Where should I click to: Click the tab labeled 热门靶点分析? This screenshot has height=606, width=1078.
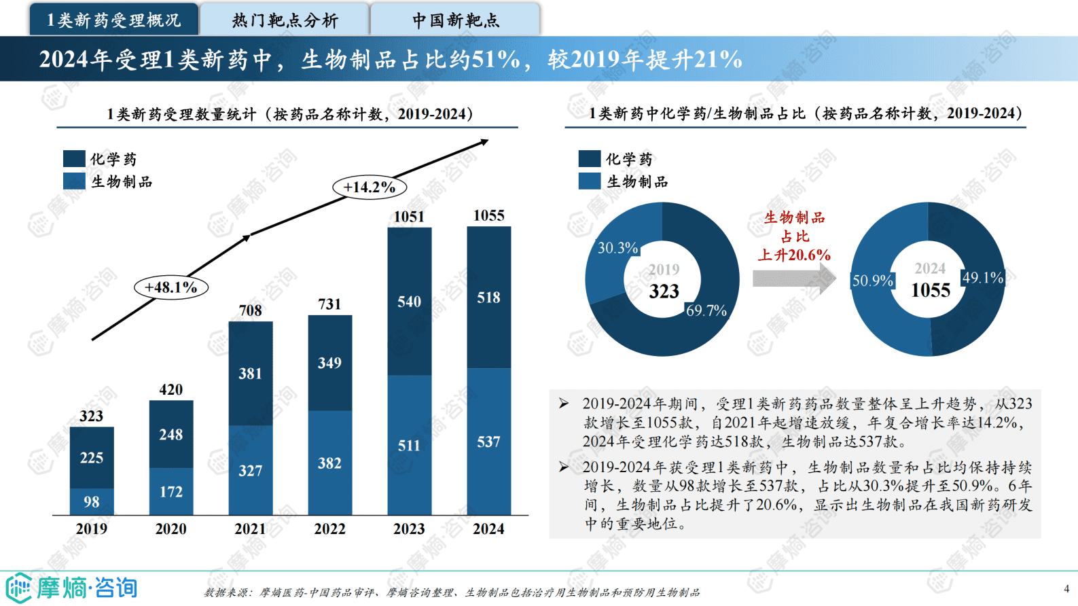pyautogui.click(x=285, y=20)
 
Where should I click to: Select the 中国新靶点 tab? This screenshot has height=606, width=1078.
pyautogui.click(x=455, y=20)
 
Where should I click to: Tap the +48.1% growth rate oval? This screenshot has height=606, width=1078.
pyautogui.click(x=170, y=287)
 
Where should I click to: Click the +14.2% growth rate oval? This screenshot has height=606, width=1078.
pyautogui.click(x=369, y=187)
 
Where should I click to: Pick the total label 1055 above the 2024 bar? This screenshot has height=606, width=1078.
pyautogui.click(x=488, y=215)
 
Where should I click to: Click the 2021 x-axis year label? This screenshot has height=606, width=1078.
pyautogui.click(x=250, y=529)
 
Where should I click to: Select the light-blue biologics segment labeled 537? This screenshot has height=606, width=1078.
pyautogui.click(x=488, y=442)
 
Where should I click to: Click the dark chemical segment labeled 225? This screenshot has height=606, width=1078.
pyautogui.click(x=92, y=458)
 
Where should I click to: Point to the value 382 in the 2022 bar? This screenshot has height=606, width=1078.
pyautogui.click(x=329, y=463)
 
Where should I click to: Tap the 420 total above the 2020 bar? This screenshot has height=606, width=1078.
pyautogui.click(x=170, y=389)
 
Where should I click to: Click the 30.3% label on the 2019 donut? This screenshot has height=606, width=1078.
pyautogui.click(x=617, y=248)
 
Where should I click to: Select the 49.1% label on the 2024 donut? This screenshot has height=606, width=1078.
pyautogui.click(x=982, y=277)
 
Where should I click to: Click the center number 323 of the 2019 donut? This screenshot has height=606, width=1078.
pyautogui.click(x=664, y=291)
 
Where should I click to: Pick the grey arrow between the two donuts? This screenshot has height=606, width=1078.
pyautogui.click(x=793, y=278)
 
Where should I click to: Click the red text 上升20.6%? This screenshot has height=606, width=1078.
pyautogui.click(x=793, y=255)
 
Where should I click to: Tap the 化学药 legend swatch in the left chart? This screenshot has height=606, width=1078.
pyautogui.click(x=74, y=159)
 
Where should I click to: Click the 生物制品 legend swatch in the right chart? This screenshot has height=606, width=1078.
pyautogui.click(x=590, y=181)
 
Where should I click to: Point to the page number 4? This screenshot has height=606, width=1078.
pyautogui.click(x=1066, y=588)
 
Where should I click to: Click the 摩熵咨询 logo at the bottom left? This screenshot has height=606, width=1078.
pyautogui.click(x=71, y=588)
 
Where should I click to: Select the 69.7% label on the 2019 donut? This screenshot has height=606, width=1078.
pyautogui.click(x=706, y=310)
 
